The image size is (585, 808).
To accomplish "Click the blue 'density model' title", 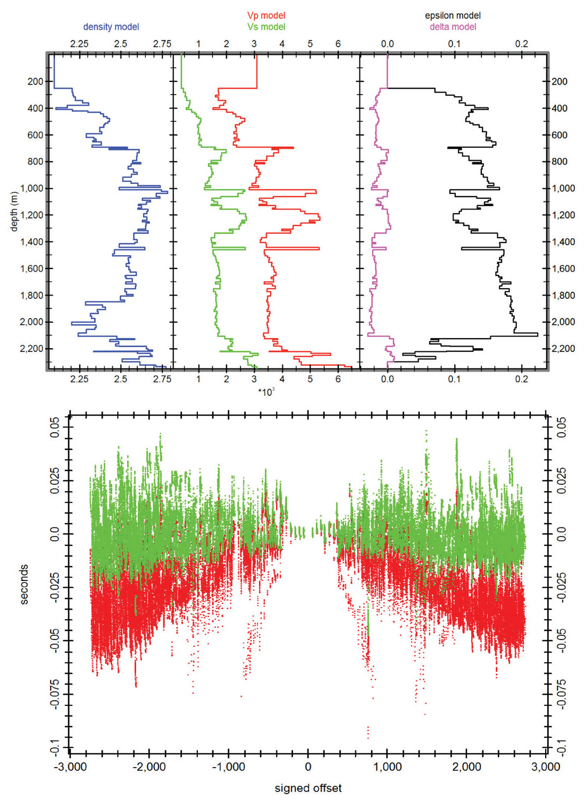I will tap(111, 27).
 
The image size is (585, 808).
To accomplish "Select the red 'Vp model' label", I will tap(266, 15).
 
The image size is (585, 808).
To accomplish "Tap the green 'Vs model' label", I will tap(266, 27).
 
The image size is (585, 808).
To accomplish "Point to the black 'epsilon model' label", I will tap(453, 15).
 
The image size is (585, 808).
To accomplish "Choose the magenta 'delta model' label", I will tap(453, 27).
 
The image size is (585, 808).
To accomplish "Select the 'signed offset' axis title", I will tap(308, 788).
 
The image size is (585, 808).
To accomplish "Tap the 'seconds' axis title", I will tap(24, 584).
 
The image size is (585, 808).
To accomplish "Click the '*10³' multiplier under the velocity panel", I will tap(266, 392).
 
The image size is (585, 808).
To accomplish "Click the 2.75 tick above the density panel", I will tap(162, 44).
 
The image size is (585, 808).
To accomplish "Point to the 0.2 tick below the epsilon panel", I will tap(522, 379).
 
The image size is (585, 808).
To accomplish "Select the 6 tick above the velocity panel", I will tap(338, 44).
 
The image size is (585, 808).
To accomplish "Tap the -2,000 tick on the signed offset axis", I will tap(149, 767).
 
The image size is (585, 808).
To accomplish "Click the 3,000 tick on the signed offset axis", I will tap(546, 767).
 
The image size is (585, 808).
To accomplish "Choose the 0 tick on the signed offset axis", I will tap(308, 767).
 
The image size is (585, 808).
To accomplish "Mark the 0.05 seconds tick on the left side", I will tap(55, 427).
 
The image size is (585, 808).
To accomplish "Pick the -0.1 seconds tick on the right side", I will tap(562, 747).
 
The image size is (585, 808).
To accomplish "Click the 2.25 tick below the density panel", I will tap(79, 379).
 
